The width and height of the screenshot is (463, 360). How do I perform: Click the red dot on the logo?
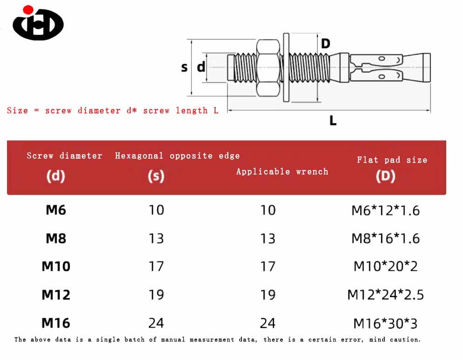point(28,10)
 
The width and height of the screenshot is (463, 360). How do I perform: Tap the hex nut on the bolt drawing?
point(268,68)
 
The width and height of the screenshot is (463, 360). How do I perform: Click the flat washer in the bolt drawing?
point(286,68)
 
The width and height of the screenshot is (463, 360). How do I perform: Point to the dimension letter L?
point(333,121)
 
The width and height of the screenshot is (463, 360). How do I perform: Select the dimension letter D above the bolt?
point(325,44)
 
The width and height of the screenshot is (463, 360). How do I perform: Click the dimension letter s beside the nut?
point(184,68)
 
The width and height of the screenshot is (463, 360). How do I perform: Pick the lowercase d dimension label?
point(201,67)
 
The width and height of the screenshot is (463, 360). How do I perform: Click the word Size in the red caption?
point(17,110)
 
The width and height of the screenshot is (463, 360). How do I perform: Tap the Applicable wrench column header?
point(282,171)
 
